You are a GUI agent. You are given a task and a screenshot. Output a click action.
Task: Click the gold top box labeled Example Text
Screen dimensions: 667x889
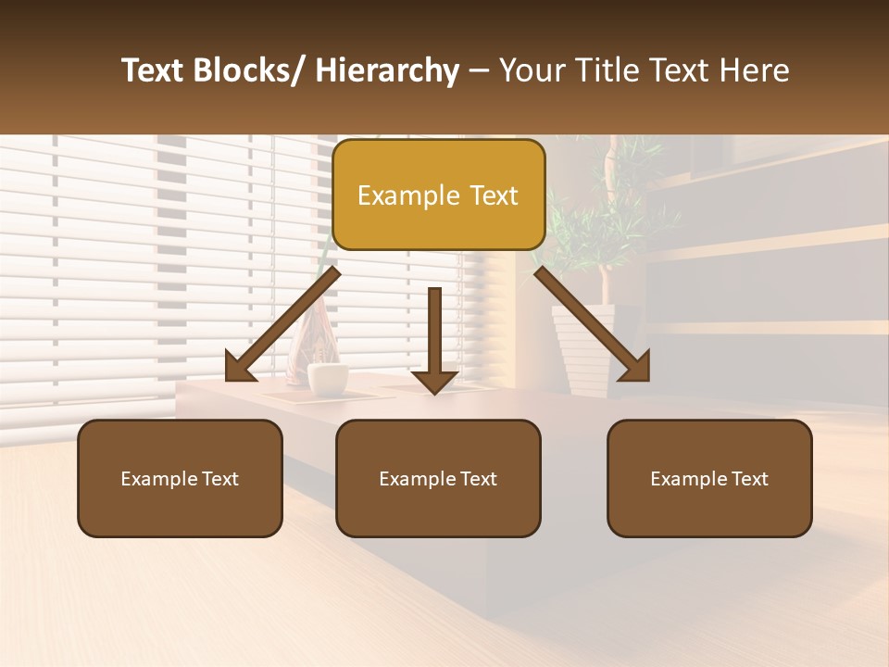438,195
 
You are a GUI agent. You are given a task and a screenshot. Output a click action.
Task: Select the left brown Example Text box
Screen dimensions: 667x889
180,478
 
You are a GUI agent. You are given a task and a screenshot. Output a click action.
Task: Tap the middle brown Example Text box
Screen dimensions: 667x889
438,478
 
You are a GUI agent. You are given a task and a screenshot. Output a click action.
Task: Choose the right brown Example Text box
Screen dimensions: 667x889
709,478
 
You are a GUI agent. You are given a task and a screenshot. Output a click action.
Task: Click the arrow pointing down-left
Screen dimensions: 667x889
282,324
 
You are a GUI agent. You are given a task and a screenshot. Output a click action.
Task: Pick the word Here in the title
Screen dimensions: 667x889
755,70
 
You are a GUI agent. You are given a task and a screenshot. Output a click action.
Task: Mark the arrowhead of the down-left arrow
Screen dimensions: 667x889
239,368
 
